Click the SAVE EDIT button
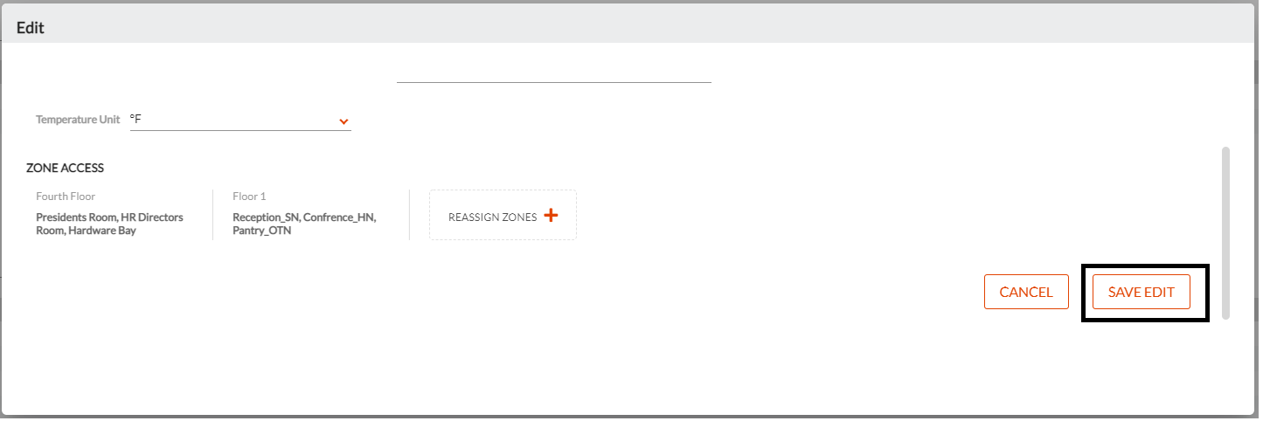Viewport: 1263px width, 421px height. pos(1141,292)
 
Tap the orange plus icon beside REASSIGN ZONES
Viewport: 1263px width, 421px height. pos(551,215)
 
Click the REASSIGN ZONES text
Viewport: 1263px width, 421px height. pos(492,217)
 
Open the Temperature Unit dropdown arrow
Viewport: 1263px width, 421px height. pos(344,121)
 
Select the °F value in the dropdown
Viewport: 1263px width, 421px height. pos(135,119)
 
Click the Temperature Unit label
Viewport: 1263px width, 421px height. pos(78,120)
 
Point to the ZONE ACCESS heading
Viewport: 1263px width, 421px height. pos(65,168)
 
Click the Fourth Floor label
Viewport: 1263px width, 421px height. pos(66,197)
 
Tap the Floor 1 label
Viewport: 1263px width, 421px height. pos(249,197)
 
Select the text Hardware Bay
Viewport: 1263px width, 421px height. pos(102,231)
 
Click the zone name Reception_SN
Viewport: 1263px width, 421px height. pos(266,217)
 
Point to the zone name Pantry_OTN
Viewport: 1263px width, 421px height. pos(261,231)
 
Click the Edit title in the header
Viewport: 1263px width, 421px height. pos(30,28)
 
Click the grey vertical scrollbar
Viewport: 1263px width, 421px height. pos(1225,233)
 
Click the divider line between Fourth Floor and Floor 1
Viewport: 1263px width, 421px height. pos(212,215)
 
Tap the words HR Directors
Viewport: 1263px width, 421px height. pos(152,217)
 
